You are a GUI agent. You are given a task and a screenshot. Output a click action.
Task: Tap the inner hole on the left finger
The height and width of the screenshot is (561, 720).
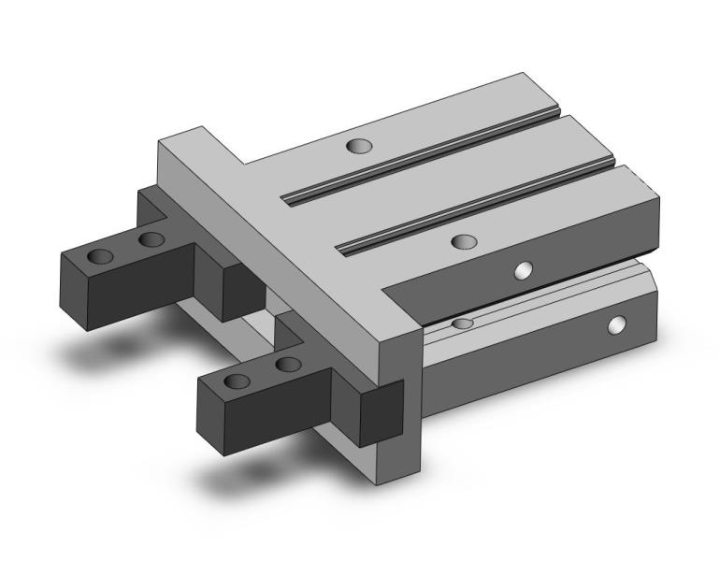pyautogui.click(x=150, y=240)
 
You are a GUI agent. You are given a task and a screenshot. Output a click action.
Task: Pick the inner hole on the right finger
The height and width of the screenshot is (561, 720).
pyautogui.click(x=288, y=364)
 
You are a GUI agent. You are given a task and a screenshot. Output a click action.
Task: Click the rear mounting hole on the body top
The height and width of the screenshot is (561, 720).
pyautogui.click(x=357, y=145)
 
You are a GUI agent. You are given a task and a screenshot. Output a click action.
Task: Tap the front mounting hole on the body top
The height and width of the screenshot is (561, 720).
pyautogui.click(x=462, y=242)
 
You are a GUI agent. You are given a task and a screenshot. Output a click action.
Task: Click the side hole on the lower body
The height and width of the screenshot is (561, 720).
pyautogui.click(x=615, y=325)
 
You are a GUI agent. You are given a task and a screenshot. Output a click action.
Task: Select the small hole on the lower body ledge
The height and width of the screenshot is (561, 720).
pyautogui.click(x=462, y=324)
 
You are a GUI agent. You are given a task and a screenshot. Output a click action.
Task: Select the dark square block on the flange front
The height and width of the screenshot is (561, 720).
pyautogui.click(x=381, y=411)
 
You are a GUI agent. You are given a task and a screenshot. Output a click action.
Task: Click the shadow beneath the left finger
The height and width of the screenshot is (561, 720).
pyautogui.click(x=103, y=351)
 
